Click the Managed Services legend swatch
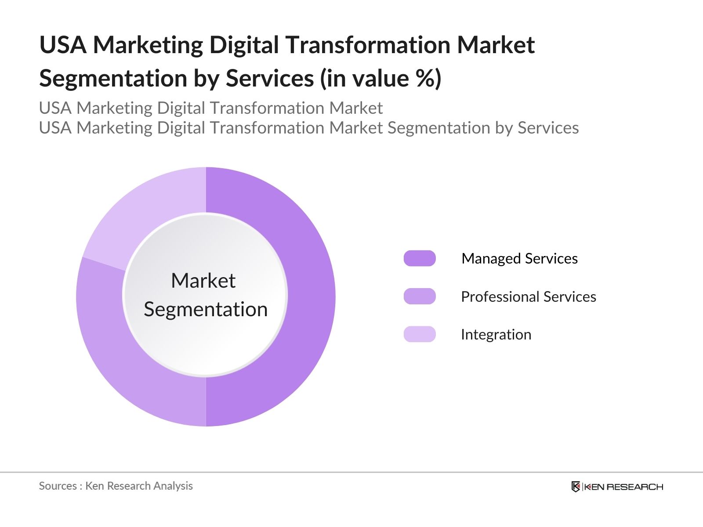[x=420, y=258]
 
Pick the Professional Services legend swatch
[x=420, y=296]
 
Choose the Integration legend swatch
[x=420, y=334]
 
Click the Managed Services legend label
[x=519, y=258]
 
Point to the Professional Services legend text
[x=528, y=296]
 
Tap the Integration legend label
[x=496, y=335]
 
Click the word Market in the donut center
[x=203, y=281]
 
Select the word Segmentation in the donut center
[x=206, y=309]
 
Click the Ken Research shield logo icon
[x=576, y=487]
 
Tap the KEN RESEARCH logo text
[x=623, y=487]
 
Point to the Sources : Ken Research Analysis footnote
[x=116, y=486]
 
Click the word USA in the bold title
[x=63, y=45]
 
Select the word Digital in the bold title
[x=243, y=45]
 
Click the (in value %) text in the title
[x=380, y=78]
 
